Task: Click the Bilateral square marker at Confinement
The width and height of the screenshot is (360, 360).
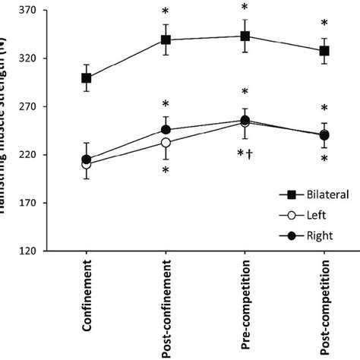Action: [x=87, y=77]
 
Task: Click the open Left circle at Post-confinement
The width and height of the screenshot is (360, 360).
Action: [x=166, y=142]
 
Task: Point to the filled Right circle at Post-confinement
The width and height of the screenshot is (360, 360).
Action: [x=166, y=131]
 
